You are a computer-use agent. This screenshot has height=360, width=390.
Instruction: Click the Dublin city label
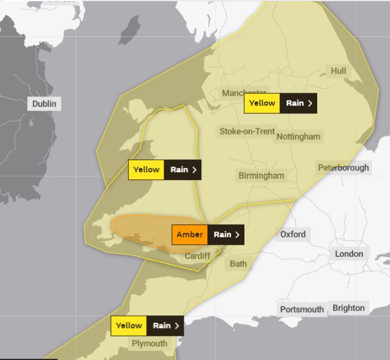(44, 104)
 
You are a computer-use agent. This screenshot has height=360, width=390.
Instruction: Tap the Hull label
(338, 71)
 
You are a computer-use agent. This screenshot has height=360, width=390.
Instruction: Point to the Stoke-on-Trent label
(247, 131)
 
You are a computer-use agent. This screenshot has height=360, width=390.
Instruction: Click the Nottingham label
(298, 136)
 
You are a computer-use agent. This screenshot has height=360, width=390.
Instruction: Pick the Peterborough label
(343, 167)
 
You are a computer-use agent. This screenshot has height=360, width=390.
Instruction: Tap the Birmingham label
(261, 176)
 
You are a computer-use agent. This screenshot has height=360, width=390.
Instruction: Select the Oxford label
(293, 234)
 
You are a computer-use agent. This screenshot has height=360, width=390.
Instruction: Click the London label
(349, 254)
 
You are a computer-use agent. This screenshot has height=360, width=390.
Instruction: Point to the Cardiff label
(197, 256)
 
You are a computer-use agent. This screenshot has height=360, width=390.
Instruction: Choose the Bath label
(238, 264)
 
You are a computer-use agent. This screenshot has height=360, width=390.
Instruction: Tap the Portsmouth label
(302, 310)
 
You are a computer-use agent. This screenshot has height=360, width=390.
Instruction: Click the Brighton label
(349, 308)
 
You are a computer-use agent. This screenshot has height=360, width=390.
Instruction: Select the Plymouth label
(150, 344)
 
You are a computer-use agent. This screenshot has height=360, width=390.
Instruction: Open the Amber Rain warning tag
(208, 235)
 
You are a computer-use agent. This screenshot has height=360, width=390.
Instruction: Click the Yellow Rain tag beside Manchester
(280, 103)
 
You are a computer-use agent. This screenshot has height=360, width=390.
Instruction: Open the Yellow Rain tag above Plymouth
(147, 325)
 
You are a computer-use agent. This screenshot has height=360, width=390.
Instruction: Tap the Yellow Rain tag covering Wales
(164, 170)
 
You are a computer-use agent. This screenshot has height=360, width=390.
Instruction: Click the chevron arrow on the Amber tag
(237, 235)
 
